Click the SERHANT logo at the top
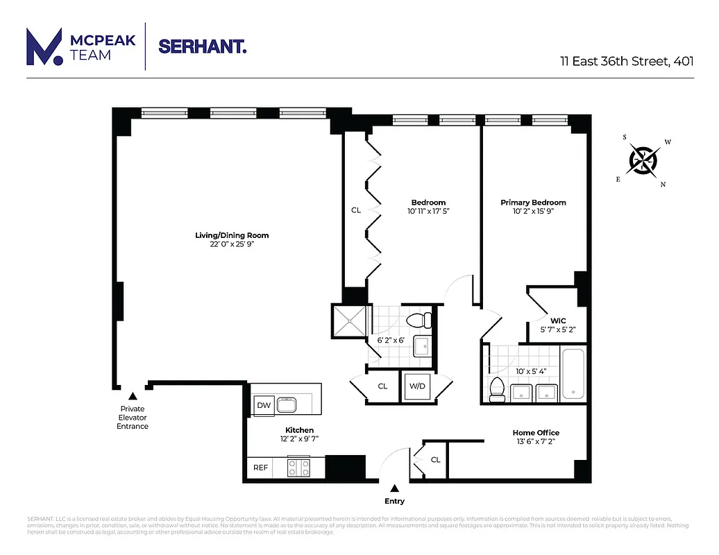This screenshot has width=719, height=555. [202, 47]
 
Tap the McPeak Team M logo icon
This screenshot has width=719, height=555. [44, 47]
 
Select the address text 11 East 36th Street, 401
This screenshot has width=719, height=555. [627, 60]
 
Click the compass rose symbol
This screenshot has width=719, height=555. [643, 161]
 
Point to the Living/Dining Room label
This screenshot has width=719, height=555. [232, 235]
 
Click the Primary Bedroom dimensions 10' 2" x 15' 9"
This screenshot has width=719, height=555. [533, 212]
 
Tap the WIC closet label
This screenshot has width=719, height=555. [558, 321]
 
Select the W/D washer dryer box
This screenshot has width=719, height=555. [417, 386]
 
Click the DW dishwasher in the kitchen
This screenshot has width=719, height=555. [263, 405]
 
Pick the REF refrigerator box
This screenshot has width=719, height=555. [260, 468]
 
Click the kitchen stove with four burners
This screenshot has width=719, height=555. [299, 468]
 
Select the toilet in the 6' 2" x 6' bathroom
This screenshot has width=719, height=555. [418, 321]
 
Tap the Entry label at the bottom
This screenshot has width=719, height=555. [394, 501]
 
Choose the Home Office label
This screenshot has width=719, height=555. [536, 433]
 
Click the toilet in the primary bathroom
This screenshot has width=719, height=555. [496, 390]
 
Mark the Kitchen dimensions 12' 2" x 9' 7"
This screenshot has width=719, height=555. [299, 438]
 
